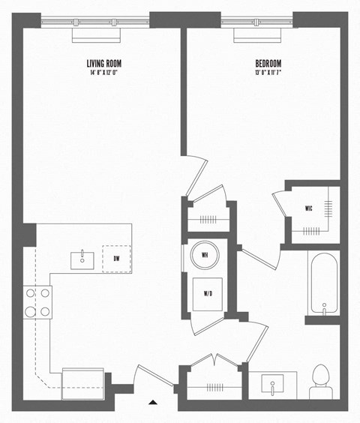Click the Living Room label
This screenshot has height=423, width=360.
[x=104, y=64]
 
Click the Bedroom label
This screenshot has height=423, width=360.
[x=267, y=64]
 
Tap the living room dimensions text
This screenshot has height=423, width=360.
[x=104, y=73]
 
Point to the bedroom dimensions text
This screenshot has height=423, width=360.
[x=267, y=73]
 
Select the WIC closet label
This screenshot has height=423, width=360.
[x=308, y=208]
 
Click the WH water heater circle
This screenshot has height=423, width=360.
[x=205, y=256]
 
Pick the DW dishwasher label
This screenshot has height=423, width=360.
[x=116, y=259]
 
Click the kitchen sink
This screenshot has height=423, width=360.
[x=81, y=259]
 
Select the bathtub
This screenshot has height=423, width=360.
[x=323, y=283]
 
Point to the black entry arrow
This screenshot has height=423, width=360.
[x=153, y=403]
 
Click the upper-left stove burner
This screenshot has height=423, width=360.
[x=31, y=293]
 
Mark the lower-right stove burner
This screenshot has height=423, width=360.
[x=45, y=311]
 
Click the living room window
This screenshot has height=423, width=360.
[x=94, y=22]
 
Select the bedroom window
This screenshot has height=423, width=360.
[x=256, y=22]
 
